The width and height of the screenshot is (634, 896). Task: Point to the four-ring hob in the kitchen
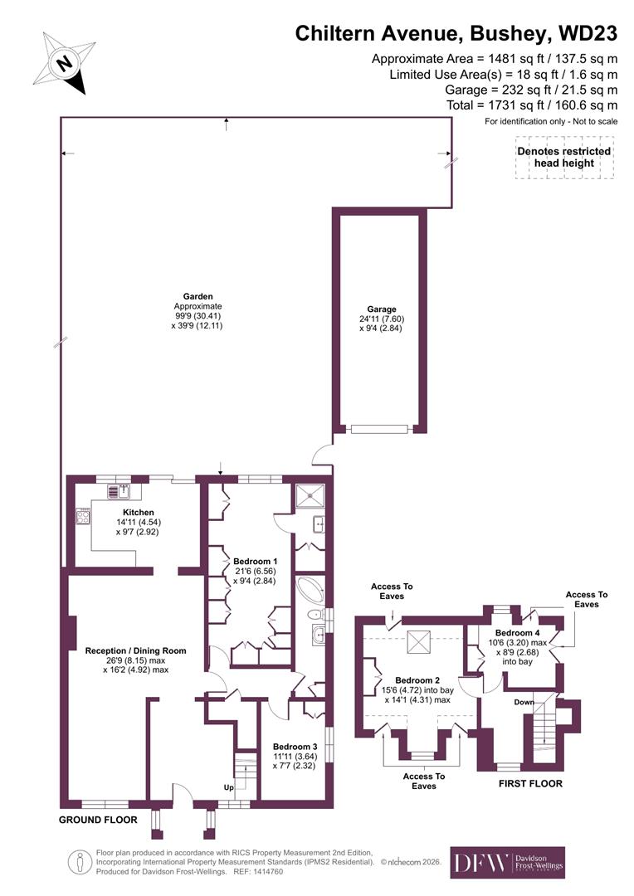(x=83, y=517)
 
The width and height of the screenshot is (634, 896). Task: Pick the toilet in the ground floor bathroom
(x=312, y=615)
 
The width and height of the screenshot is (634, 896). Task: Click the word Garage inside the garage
(x=382, y=309)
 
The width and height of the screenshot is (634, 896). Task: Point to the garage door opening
(x=379, y=429)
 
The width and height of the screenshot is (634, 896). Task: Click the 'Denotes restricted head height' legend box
(x=563, y=157)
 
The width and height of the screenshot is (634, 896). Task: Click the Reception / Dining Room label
(x=135, y=650)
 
